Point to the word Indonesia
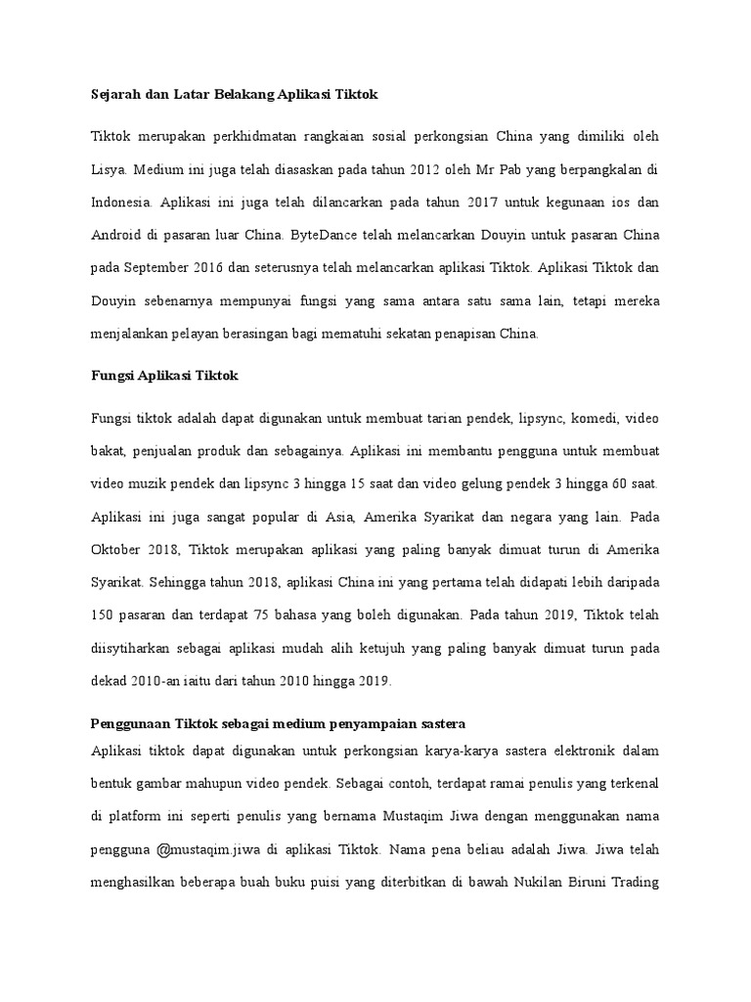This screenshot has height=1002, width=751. [x=121, y=203]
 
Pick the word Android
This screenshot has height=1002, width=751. [x=117, y=236]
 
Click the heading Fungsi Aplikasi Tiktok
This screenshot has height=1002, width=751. [x=156, y=376]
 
